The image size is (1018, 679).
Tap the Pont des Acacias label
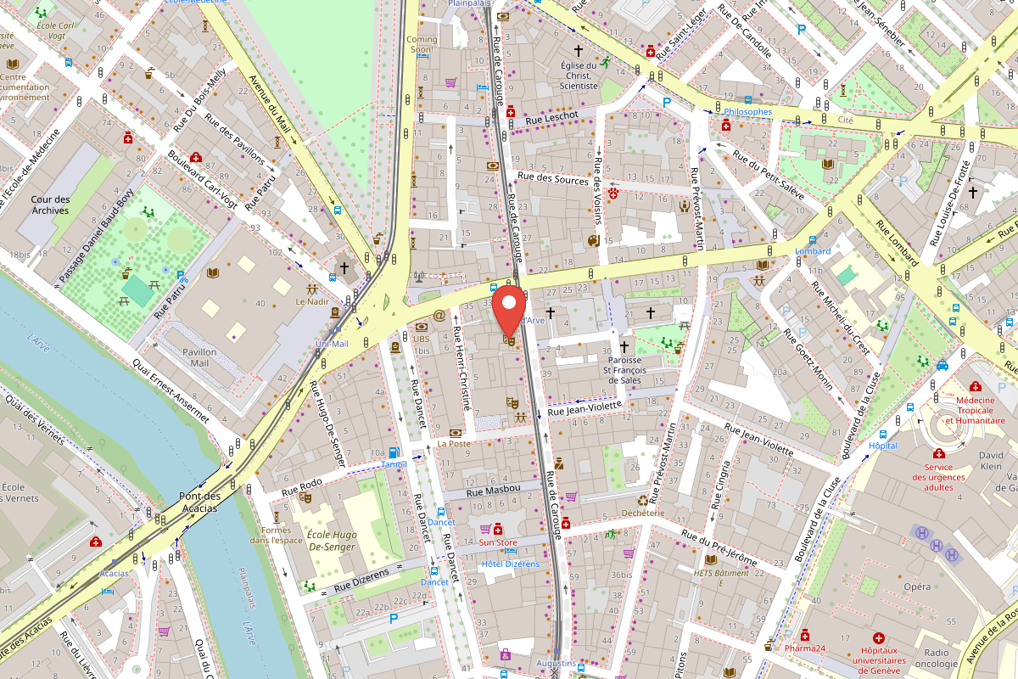tap(198, 502)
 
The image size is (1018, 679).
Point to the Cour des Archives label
tap(50, 205)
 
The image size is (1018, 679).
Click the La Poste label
tap(454, 444)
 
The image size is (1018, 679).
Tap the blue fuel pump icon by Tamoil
tap(393, 453)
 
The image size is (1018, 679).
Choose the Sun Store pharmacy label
tap(498, 542)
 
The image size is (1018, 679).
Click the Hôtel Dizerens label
tap(510, 564)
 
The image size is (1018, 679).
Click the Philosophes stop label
tap(747, 112)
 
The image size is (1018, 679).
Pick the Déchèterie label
tap(642, 513)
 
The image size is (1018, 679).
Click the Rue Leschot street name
tap(551, 115)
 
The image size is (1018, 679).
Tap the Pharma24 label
tap(804, 649)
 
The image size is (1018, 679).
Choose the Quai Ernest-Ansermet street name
tap(170, 390)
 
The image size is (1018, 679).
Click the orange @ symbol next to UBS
tap(439, 315)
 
